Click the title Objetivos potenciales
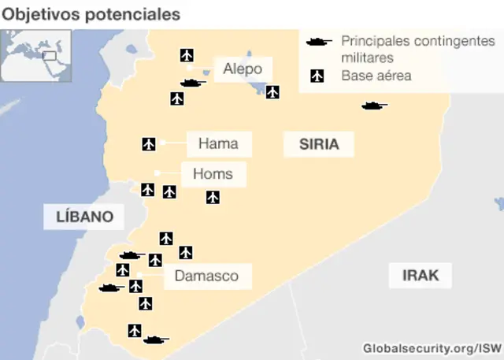pyautogui.click(x=91, y=14)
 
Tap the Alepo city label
pyautogui.click(x=242, y=69)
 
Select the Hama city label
pyautogui.click(x=218, y=144)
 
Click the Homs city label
pyautogui.click(x=213, y=174)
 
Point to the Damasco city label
pyautogui.click(x=206, y=276)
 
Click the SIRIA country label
pyautogui.click(x=319, y=144)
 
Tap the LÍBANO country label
pyautogui.click(x=84, y=217)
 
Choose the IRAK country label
pyautogui.click(x=421, y=276)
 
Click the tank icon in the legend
pyautogui.click(x=319, y=40)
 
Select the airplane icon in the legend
pyautogui.click(x=317, y=76)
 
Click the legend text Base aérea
pyautogui.click(x=376, y=76)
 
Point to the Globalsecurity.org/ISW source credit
pyautogui.click(x=432, y=347)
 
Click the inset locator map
pyautogui.click(x=36, y=55)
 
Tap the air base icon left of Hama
pyautogui.click(x=149, y=143)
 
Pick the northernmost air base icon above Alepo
pyautogui.click(x=187, y=54)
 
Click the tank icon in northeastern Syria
pyautogui.click(x=374, y=106)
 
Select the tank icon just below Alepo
pyautogui.click(x=192, y=83)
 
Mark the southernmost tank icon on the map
pyautogui.click(x=156, y=340)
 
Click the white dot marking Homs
pyautogui.click(x=157, y=173)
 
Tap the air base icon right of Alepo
pyautogui.click(x=272, y=92)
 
